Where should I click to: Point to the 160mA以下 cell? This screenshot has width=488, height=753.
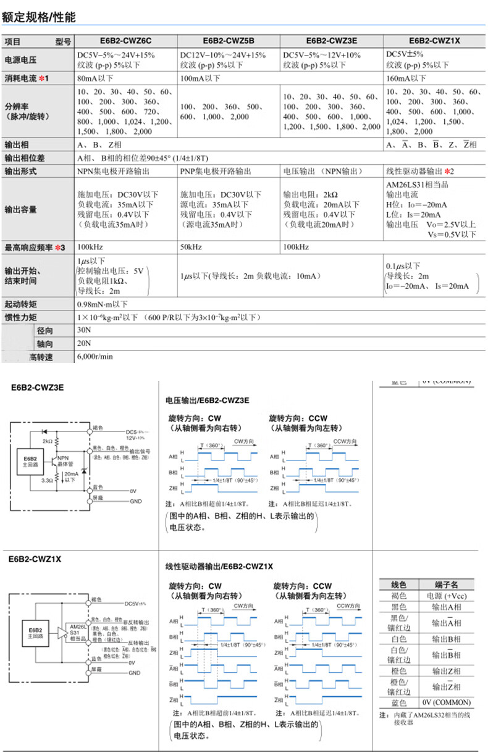click(x=406, y=78)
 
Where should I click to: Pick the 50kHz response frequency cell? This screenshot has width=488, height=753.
click(x=193, y=248)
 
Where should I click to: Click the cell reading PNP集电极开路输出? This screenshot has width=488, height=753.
click(x=216, y=170)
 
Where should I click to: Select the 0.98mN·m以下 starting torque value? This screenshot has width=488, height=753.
click(x=102, y=304)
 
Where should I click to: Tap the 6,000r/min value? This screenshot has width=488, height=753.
click(x=95, y=357)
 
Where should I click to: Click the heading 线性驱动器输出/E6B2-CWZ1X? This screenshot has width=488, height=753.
click(x=219, y=566)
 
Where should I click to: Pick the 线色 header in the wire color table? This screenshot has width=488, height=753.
click(x=399, y=585)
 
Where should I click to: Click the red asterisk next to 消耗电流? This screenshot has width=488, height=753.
click(x=41, y=78)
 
